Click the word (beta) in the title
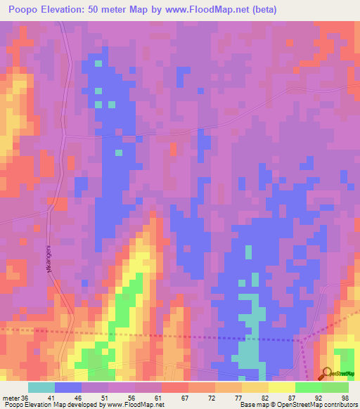pos(264,10)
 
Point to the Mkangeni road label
pos(51,259)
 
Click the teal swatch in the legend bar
pos(41,387)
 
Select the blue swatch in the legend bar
pos(68,387)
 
